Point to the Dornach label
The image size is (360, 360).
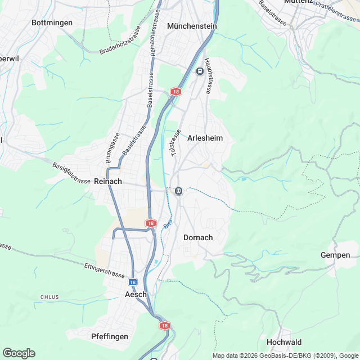pyautogui.click(x=198, y=237)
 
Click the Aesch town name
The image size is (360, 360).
pyautogui.click(x=136, y=294)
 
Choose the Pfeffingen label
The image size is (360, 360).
pyautogui.click(x=110, y=336)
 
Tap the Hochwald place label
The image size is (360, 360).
pyautogui.click(x=284, y=342)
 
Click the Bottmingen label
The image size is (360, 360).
pyautogui.click(x=52, y=22)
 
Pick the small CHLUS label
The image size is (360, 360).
pyautogui.click(x=49, y=296)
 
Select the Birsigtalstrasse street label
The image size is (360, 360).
pyautogui.click(x=71, y=174)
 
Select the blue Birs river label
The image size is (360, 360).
pyautogui.click(x=167, y=223)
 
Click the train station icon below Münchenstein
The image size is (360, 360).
pyautogui.click(x=199, y=71)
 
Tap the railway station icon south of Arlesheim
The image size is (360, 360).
pyautogui.click(x=178, y=191)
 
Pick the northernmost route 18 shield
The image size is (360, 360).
pyautogui.click(x=177, y=91)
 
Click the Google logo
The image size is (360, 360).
pyautogui.click(x=19, y=353)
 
